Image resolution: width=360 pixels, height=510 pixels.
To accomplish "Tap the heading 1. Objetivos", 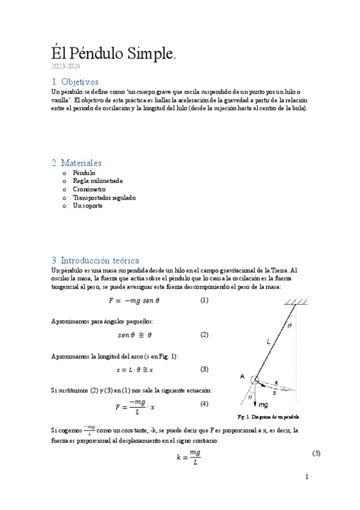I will (x=75, y=81).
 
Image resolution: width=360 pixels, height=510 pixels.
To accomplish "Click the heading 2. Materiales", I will (x=76, y=163).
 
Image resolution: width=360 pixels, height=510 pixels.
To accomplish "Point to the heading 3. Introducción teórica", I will (x=96, y=260).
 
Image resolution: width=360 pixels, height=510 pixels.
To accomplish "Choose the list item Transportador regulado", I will (x=104, y=197).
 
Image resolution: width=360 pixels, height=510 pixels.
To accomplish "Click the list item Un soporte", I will (x=87, y=206).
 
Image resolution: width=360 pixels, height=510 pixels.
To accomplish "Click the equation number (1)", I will (x=204, y=300).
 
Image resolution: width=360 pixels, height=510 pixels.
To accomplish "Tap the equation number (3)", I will (x=204, y=369).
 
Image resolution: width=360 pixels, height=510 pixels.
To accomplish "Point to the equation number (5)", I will (x=316, y=453).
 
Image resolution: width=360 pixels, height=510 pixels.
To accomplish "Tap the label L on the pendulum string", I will (x=268, y=341).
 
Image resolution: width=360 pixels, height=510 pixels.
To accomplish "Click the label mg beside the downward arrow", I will (x=263, y=405).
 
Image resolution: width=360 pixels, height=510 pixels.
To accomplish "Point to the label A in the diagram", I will (x=242, y=376).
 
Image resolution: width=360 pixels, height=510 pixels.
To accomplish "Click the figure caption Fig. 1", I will (x=268, y=417).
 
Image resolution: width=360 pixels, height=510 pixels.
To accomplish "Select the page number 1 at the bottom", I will (x=307, y=477).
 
